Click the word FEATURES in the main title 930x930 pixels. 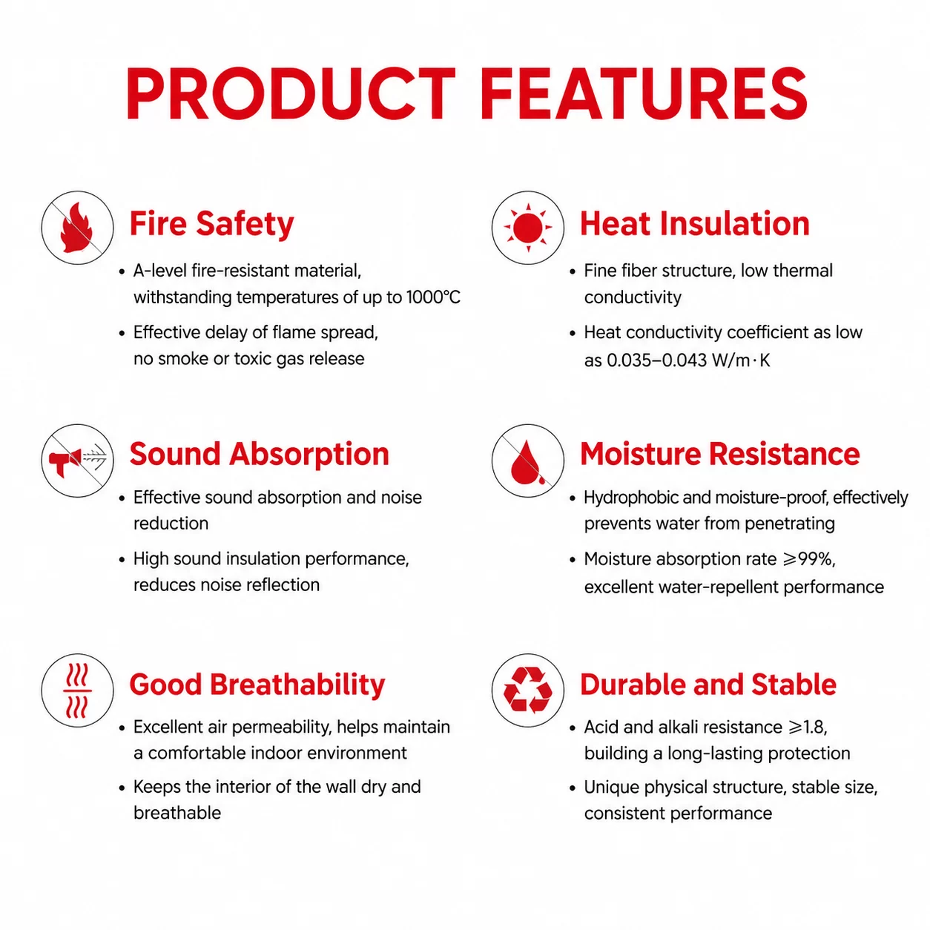643,93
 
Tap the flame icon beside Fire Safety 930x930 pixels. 76,228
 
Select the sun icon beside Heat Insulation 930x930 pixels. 527,228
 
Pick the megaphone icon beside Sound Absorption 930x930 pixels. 65,460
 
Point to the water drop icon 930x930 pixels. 527,462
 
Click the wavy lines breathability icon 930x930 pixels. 77,690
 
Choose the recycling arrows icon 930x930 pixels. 527,690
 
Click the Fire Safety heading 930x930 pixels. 211,225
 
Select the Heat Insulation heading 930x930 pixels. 694,224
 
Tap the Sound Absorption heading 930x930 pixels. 259,455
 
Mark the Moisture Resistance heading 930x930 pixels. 719,454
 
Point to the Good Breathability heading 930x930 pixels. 257,685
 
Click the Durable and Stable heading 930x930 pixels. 708,685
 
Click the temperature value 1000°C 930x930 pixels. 433,297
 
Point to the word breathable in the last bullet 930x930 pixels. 177,814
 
